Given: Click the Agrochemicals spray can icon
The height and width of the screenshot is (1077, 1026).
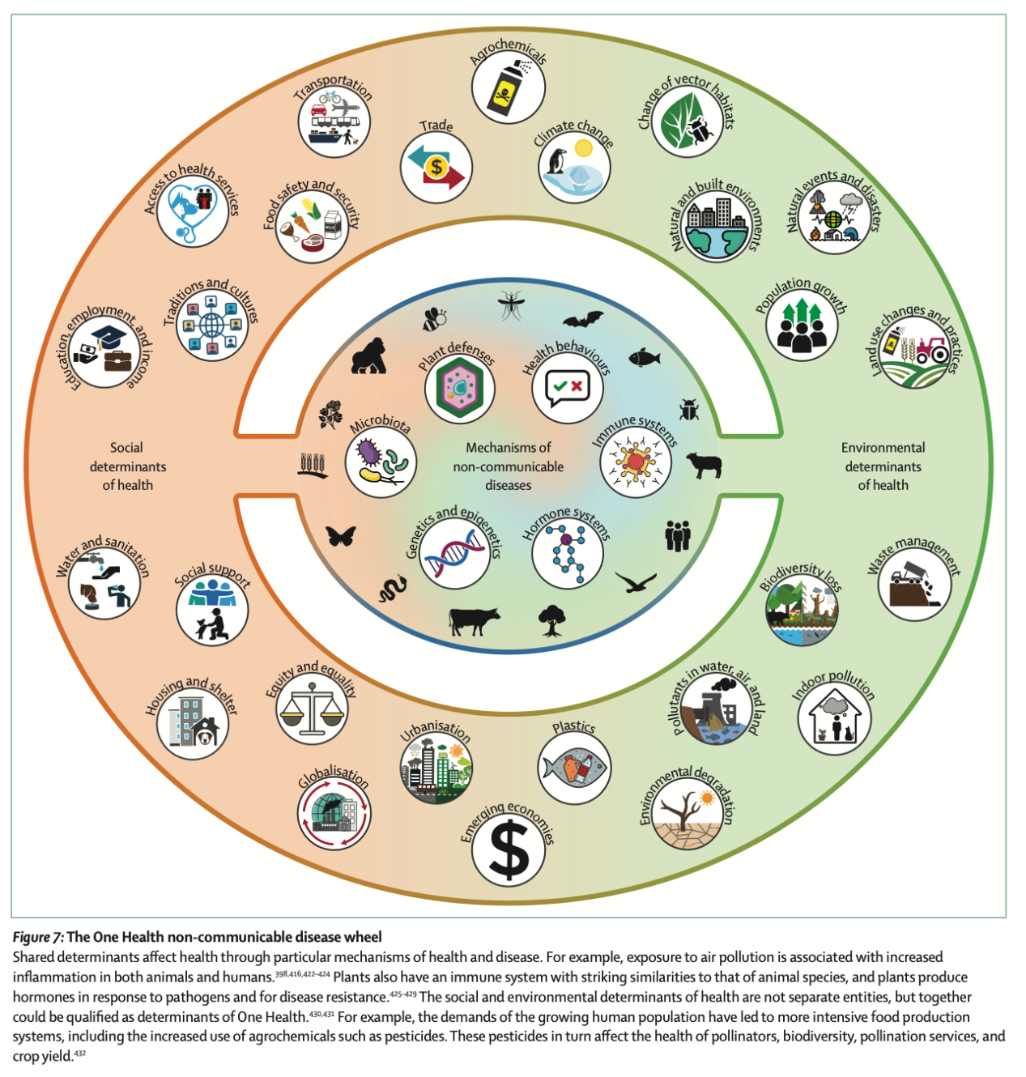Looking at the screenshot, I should [508, 87].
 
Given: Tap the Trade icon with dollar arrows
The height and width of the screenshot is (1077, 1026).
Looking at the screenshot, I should [436, 168].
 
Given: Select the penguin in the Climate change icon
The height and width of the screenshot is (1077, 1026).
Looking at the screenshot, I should [557, 162].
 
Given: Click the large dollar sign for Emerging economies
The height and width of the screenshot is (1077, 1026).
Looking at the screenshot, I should [509, 849].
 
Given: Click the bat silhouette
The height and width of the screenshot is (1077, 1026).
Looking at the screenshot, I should [583, 320].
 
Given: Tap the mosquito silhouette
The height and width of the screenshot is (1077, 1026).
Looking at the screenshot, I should [511, 305].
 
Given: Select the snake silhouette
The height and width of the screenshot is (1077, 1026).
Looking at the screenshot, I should [393, 589].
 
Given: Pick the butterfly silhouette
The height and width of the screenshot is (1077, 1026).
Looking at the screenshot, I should [341, 536].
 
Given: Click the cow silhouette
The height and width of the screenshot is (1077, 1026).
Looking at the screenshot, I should [474, 621].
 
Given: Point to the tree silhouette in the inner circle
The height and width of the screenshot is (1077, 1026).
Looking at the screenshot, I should [552, 620].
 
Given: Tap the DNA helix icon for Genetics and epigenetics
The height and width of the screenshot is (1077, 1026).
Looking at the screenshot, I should [454, 553].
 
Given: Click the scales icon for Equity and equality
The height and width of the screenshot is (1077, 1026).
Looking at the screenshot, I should [312, 709].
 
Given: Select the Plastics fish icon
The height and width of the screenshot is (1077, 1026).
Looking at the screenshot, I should [574, 768].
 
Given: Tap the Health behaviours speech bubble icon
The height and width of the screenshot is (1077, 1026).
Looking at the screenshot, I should [568, 387].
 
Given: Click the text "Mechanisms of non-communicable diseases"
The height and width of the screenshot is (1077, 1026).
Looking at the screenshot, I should [509, 466].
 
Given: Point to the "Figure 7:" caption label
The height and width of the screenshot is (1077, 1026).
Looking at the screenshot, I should [37, 937].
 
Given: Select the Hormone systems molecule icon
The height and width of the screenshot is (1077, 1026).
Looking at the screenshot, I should [567, 554].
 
